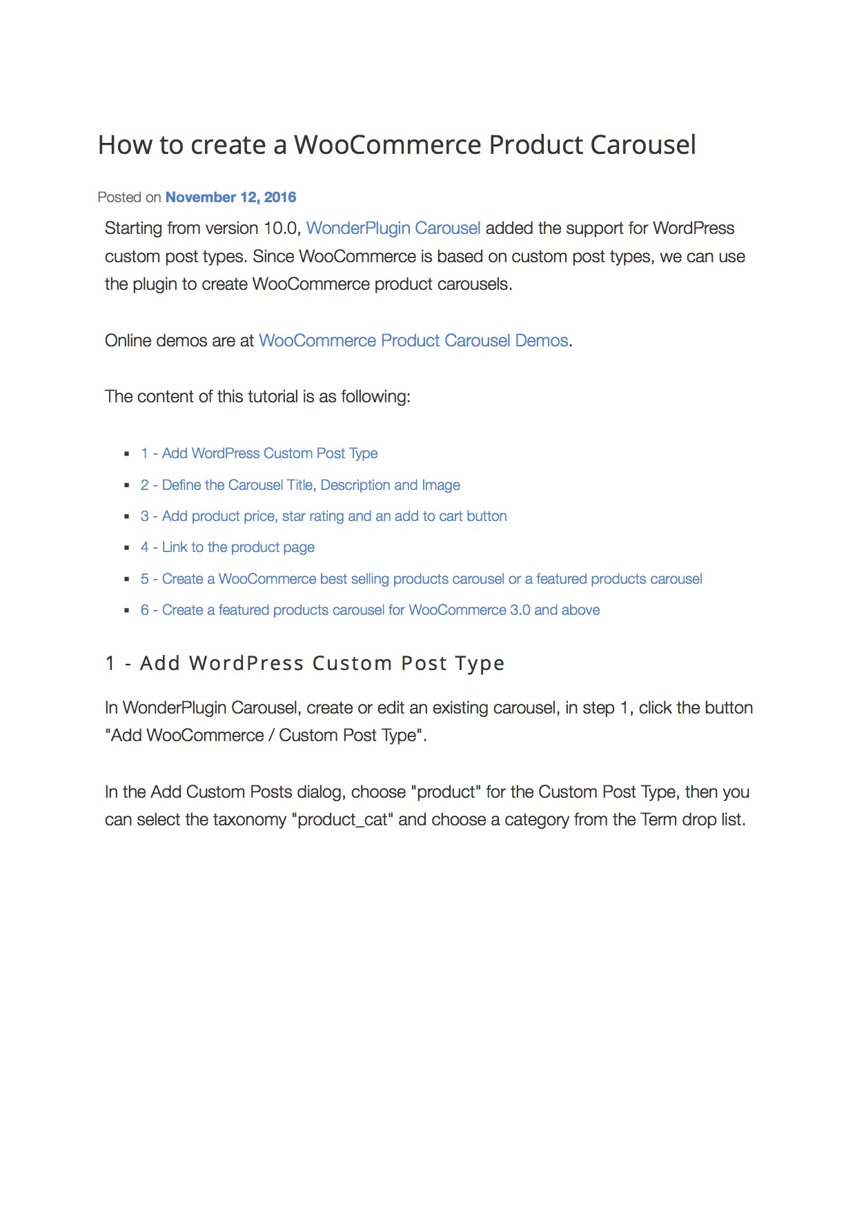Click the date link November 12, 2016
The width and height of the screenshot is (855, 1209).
coord(230,197)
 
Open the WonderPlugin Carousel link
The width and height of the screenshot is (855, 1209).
coord(393,228)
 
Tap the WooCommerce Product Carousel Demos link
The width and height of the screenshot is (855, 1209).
coord(413,341)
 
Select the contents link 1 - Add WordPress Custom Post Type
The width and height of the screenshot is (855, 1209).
coord(259,453)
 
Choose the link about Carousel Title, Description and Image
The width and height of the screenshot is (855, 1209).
coord(300,485)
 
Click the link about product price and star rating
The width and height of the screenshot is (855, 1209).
coord(323,516)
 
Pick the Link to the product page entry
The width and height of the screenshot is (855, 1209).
coord(227,547)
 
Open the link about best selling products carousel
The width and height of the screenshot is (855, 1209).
coord(421,579)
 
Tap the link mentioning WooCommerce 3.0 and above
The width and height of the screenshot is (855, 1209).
coord(370,610)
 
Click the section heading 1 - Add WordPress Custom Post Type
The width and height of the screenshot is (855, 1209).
coord(304,663)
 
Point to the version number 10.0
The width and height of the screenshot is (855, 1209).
coord(282,228)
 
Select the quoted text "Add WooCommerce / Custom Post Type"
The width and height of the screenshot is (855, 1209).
coord(266,736)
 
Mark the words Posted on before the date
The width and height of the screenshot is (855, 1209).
coord(129,197)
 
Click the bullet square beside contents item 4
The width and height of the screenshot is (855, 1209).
coord(127,548)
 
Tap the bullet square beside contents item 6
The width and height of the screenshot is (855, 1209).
coord(127,611)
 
